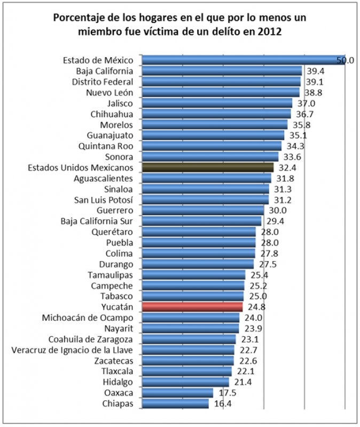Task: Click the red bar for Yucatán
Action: (x=192, y=307)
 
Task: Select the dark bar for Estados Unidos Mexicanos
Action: (x=208, y=167)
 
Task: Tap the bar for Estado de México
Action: (x=243, y=60)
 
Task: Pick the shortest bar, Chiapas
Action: (x=175, y=404)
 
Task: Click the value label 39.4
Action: (x=315, y=70)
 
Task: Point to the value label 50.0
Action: (x=345, y=60)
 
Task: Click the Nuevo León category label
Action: (x=109, y=92)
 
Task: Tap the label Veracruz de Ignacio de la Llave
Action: (x=73, y=350)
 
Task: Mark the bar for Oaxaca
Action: (x=177, y=393)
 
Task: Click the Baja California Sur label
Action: (x=97, y=221)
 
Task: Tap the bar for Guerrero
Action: (x=203, y=210)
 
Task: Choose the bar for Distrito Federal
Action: (x=221, y=81)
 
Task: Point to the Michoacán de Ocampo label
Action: (x=88, y=318)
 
